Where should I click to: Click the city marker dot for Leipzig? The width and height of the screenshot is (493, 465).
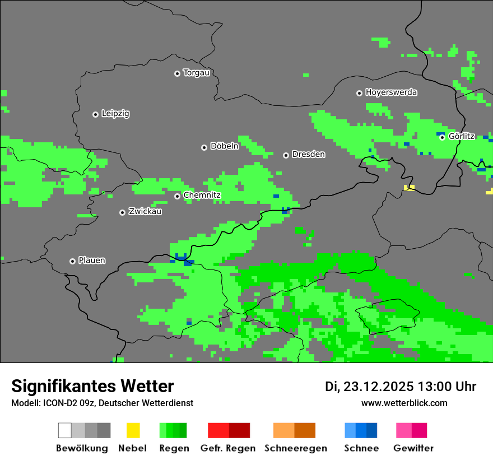(x=95, y=114)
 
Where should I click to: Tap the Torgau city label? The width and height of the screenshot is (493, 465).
(x=196, y=73)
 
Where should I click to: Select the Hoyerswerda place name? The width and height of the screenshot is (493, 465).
(x=391, y=92)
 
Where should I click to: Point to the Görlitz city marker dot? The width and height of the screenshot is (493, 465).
(x=442, y=137)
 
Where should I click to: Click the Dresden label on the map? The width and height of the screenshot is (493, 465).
(x=308, y=155)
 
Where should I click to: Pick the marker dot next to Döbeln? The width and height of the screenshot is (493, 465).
(x=204, y=147)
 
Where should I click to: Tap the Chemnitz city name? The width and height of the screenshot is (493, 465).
(x=202, y=196)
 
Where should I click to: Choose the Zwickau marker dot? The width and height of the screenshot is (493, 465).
(x=122, y=212)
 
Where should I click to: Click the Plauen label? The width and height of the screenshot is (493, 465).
(x=91, y=261)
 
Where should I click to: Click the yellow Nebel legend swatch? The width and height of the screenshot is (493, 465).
(x=133, y=430)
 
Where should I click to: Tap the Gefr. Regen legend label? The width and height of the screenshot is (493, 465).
(x=228, y=448)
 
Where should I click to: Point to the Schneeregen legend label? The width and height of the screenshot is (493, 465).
(x=295, y=448)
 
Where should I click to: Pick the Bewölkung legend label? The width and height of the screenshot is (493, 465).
(x=82, y=448)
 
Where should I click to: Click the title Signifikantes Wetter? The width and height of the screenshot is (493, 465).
(x=92, y=387)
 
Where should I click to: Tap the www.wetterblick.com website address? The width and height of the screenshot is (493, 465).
(x=404, y=403)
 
